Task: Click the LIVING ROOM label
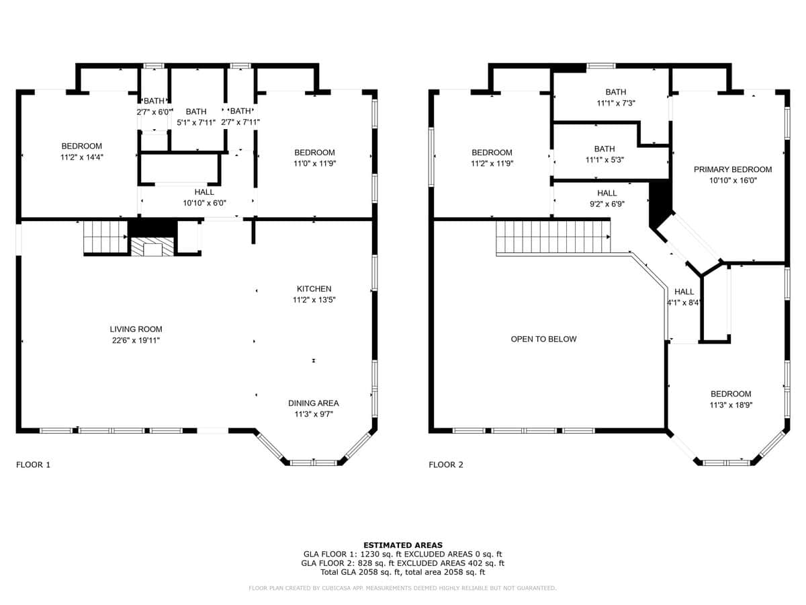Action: [x=136, y=329]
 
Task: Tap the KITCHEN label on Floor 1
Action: [x=314, y=289]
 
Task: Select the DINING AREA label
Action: [x=313, y=403]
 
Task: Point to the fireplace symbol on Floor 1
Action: [x=152, y=247]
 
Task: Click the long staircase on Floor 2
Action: [x=553, y=237]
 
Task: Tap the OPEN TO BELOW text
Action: [x=543, y=339]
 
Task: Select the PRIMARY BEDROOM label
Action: [x=733, y=169]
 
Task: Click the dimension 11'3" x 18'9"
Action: [x=731, y=405]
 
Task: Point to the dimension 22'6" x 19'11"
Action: [x=136, y=341]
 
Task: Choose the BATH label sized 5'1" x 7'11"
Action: [x=196, y=112]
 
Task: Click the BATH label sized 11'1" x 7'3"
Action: [x=616, y=92]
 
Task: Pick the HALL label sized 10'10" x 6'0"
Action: [x=204, y=192]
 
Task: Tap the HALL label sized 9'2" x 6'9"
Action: [x=607, y=193]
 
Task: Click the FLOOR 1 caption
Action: [x=33, y=465]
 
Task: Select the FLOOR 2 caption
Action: [x=446, y=465]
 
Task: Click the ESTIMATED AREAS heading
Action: [x=403, y=545]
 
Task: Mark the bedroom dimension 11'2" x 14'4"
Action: [x=81, y=157]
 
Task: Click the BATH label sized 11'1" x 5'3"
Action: [x=604, y=149]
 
